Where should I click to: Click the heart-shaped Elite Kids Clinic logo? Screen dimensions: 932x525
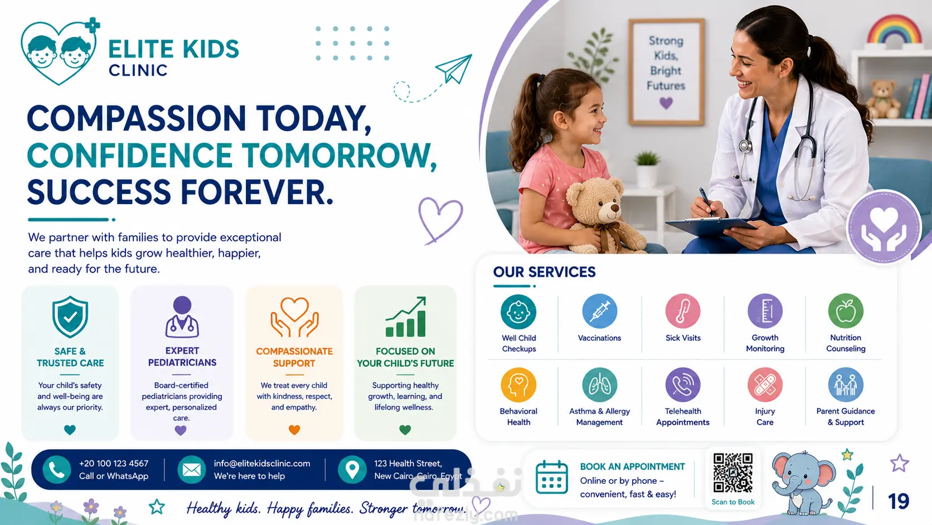(x=60, y=51)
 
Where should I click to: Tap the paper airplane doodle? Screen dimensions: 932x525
(x=454, y=68)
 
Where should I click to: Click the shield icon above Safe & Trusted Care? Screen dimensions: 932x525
(x=70, y=316)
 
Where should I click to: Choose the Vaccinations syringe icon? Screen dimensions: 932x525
(x=599, y=311)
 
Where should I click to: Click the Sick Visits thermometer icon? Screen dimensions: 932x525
(x=683, y=311)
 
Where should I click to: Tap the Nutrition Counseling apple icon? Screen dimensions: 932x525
(x=846, y=311)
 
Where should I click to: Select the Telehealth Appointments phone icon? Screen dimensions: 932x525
(x=683, y=385)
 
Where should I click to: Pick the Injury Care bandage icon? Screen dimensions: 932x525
(x=765, y=385)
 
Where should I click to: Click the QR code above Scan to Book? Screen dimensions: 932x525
(x=732, y=473)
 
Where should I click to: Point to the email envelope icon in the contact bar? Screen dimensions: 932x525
(x=191, y=470)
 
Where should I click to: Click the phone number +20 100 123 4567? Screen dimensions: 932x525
(x=114, y=464)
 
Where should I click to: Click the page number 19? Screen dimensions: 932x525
(x=899, y=501)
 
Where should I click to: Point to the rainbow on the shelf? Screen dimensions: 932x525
(x=894, y=30)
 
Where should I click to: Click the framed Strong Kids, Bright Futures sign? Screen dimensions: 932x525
(x=666, y=71)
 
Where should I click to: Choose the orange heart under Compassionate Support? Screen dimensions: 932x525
(x=294, y=430)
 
